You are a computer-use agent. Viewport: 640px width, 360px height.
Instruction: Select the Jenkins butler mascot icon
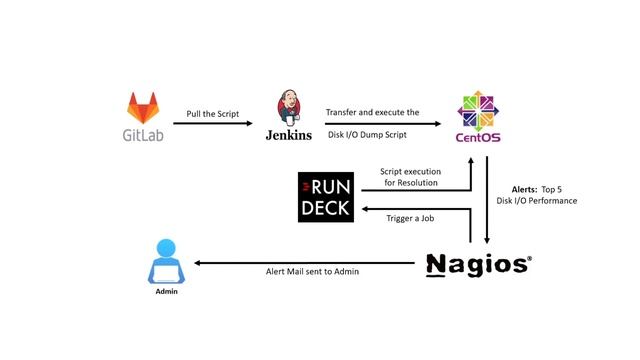[x=289, y=108]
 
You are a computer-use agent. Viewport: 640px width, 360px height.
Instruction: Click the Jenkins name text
[x=289, y=135]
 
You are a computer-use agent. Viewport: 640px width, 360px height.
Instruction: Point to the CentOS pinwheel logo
[x=476, y=109]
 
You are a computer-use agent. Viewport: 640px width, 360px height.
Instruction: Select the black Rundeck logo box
[x=326, y=197]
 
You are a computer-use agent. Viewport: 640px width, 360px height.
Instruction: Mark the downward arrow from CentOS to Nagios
[x=487, y=200]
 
